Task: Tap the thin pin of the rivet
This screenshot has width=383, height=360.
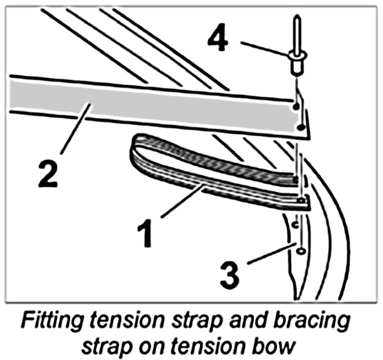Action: point(296,30)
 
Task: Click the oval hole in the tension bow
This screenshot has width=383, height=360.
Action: point(300,251)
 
